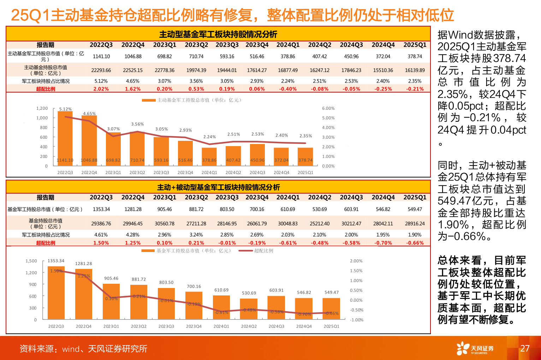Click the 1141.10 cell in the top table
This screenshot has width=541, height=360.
[101, 56]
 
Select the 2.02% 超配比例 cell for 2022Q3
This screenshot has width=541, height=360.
[101, 89]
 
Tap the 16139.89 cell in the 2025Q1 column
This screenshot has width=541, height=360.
[415, 70]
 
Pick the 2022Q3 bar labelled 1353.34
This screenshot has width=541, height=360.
[56, 293]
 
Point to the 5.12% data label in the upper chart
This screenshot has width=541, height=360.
[65, 109]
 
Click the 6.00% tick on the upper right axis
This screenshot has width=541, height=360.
[328, 108]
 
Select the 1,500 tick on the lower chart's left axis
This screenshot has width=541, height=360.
[31, 261]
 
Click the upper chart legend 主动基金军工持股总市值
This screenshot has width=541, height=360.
[192, 100]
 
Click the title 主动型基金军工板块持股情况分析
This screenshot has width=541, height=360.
[218, 34]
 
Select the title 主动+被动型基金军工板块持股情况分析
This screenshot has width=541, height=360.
[218, 187]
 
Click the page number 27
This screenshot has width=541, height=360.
[525, 348]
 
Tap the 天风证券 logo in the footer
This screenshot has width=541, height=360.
[475, 348]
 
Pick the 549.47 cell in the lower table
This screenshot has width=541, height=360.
[415, 209]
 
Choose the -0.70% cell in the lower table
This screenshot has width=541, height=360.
[383, 243]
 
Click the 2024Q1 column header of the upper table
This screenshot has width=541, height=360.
[288, 45]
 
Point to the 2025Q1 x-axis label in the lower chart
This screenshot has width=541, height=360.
[331, 326]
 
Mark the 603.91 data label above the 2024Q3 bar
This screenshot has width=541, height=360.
[276, 290]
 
